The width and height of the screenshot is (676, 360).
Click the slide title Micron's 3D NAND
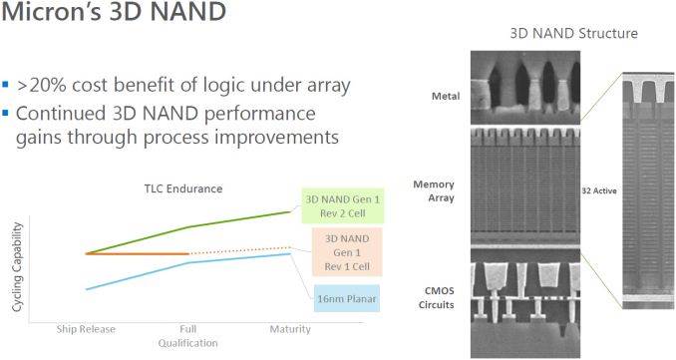coord(114,11)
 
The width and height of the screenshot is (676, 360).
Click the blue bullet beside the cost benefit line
coord(5,84)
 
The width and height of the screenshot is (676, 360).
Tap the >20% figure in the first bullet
coord(42,86)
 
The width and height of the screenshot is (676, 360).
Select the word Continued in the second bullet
coord(61,114)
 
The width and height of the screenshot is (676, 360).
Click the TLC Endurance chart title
coord(183,188)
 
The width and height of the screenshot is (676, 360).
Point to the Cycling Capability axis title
coord(17,267)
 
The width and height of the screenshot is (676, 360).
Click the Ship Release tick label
coord(86,329)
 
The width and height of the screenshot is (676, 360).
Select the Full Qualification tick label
coord(188,336)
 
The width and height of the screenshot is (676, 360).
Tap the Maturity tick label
coord(290,329)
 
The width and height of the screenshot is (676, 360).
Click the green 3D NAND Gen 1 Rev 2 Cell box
coord(343,206)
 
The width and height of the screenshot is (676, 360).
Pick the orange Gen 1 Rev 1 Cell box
coord(347,252)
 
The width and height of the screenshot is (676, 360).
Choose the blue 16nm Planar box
coord(347,298)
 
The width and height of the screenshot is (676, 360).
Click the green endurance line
coord(188,227)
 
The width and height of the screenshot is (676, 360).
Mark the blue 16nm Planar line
coord(188,262)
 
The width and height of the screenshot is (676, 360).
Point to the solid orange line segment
coord(138,254)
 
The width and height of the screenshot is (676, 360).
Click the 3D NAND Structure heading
coord(574,33)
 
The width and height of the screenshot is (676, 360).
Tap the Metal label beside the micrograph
coord(446,96)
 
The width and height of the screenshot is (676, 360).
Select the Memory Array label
coord(434,191)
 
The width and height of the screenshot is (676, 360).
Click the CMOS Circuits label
coord(437,297)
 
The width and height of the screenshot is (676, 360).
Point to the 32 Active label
coord(599,190)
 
